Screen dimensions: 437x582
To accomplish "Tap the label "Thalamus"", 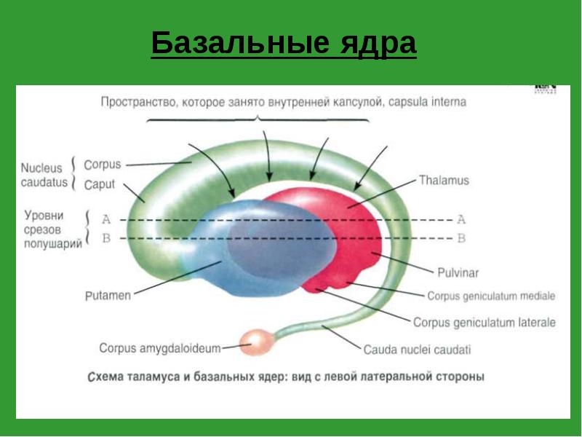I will [444, 180].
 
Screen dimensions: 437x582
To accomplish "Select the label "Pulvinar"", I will [457, 273].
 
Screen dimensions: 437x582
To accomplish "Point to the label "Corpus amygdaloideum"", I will [160, 348].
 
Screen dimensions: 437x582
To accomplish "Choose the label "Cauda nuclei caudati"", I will [417, 350].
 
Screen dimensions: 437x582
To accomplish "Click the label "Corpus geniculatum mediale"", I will [491, 296].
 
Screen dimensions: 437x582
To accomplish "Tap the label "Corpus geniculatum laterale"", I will [484, 322].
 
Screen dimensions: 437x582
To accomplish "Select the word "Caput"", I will [100, 184].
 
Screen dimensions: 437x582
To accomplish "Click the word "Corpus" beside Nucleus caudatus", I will [102, 165].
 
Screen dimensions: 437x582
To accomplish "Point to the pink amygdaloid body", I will [256, 340].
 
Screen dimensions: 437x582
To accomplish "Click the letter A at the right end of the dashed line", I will [461, 219].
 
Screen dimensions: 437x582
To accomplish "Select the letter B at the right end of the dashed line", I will [461, 238].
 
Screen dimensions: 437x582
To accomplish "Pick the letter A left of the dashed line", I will [106, 219].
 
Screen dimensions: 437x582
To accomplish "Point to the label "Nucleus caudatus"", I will [44, 174].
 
